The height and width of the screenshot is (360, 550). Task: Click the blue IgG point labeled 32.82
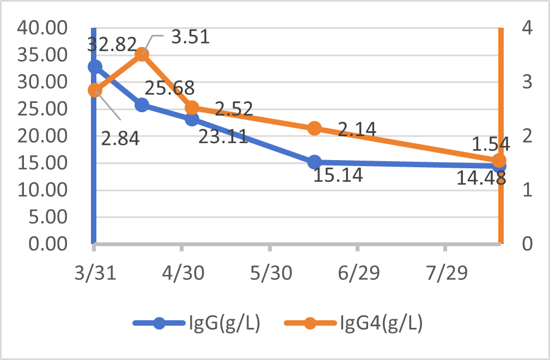[95, 66]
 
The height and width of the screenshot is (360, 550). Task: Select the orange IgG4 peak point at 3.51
[142, 54]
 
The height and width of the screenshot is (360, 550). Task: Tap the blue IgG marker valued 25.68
[142, 105]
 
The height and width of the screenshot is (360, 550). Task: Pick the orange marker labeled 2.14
[314, 129]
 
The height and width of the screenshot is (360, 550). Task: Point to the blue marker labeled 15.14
[314, 162]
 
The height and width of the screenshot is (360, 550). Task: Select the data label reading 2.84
[121, 139]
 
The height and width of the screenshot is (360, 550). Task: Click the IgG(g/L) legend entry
[196, 323]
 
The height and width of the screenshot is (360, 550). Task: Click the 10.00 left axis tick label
[42, 190]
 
